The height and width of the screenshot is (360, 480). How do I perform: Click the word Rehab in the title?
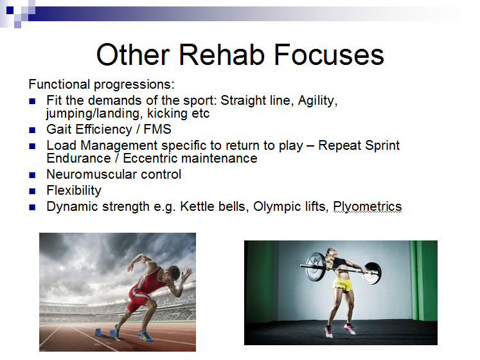click(x=221, y=55)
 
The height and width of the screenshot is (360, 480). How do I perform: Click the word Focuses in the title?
click(x=329, y=55)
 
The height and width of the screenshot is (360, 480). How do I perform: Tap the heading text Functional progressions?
click(x=102, y=85)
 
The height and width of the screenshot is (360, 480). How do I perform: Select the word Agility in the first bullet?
click(x=317, y=101)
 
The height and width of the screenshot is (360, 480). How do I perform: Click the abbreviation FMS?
click(x=157, y=129)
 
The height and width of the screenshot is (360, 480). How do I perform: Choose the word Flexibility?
click(x=74, y=191)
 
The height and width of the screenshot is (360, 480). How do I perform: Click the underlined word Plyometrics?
click(x=368, y=207)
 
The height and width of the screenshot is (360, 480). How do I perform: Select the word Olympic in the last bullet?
click(x=278, y=207)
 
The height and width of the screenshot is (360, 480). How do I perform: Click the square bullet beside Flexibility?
click(x=32, y=192)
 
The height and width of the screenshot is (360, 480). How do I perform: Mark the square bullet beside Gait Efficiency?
click(x=32, y=130)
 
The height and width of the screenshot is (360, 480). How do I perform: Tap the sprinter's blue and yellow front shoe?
click(x=146, y=336)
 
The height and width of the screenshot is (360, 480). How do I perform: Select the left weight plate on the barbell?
click(x=316, y=266)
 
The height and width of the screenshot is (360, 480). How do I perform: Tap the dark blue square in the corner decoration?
click(x=10, y=10)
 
